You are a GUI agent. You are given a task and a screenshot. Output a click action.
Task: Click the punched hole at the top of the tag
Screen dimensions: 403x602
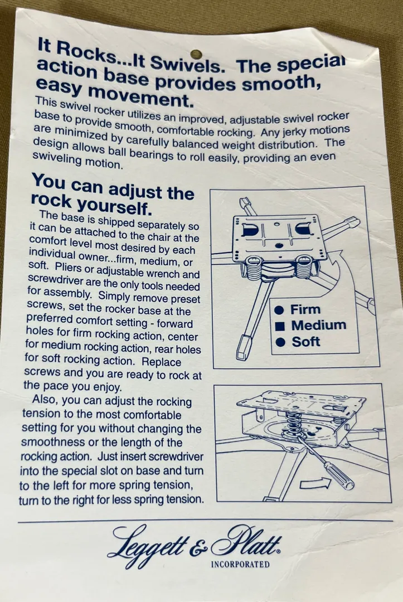point(196,54)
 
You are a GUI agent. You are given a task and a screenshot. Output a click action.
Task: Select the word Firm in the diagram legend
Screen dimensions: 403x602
point(305,309)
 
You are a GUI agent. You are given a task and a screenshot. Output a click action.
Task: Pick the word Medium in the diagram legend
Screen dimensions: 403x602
point(319,325)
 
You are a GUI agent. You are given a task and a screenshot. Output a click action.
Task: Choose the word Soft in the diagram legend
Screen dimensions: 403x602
point(305,342)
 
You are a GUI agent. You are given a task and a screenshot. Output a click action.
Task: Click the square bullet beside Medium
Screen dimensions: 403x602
point(281,326)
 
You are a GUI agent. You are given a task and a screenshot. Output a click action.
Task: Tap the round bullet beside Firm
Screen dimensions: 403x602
point(280,310)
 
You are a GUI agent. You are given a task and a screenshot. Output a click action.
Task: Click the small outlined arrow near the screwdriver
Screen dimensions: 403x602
point(315,483)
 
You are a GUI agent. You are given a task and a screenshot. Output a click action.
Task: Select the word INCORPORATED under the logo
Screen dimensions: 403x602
point(240,564)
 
